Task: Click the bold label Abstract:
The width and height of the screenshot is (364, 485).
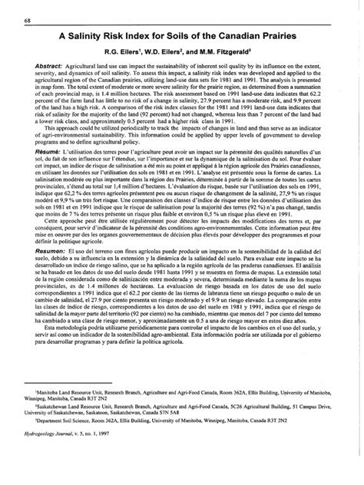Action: pyautogui.click(x=49, y=68)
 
